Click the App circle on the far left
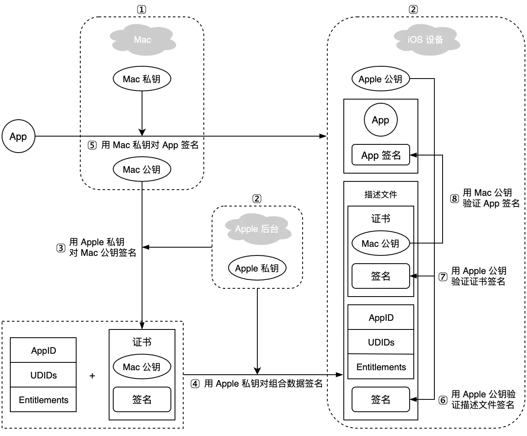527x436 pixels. coord(18,136)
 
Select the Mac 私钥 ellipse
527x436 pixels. coord(142,79)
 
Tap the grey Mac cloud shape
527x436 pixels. coord(142,40)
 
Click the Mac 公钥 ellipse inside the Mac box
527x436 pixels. coord(142,169)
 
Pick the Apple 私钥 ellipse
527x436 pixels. coord(257,268)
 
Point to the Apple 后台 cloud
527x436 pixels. coord(257,229)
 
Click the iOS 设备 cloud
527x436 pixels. coord(426,40)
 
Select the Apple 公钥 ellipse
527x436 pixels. coord(380,79)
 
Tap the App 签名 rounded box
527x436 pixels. coord(381,155)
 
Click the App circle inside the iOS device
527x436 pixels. coord(380,120)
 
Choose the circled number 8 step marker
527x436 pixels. coord(454,199)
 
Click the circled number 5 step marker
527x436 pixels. coord(92,145)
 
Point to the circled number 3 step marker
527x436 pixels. coord(61,248)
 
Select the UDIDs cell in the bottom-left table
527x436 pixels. coord(43,375)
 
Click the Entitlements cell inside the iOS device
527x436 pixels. coord(381,367)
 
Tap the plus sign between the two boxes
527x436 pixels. coord(92,376)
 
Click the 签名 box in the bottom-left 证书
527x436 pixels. coord(142,399)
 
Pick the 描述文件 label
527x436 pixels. coord(380,195)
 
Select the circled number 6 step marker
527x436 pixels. coord(443,400)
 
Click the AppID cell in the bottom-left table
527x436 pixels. coord(43,350)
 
